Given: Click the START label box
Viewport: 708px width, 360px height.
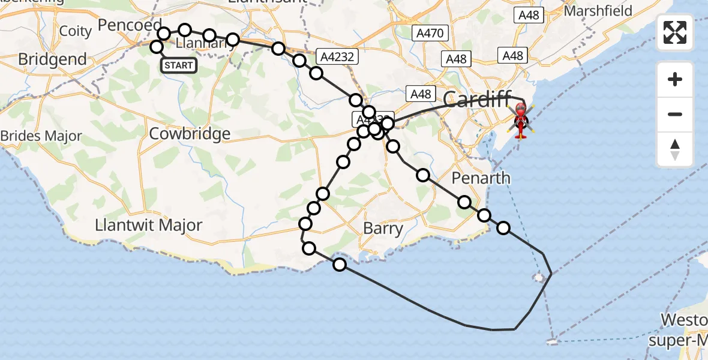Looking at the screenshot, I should pos(179,65).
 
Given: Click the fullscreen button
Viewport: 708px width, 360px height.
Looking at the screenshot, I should pos(675,32).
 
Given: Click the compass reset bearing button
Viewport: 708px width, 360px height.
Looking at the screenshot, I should pos(675,149).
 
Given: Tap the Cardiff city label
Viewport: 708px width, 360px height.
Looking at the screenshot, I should pos(477,98).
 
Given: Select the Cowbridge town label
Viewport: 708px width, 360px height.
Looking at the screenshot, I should pos(190,133).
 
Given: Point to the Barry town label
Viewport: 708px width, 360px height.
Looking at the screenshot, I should pos(383,229).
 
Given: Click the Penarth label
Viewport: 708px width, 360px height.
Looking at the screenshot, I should pos(481,178).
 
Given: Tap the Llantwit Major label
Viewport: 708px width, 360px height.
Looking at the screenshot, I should pos(149,226).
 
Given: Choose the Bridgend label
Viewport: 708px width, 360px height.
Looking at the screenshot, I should pos(52,59).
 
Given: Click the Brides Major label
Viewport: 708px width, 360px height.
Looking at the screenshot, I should pos(41,136).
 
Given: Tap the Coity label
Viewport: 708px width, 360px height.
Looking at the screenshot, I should pos(76,31).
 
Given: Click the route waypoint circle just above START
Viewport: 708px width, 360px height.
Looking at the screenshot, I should pos(157,47).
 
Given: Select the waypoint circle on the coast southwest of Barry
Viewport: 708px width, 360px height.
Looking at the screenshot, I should pos(340,264).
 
